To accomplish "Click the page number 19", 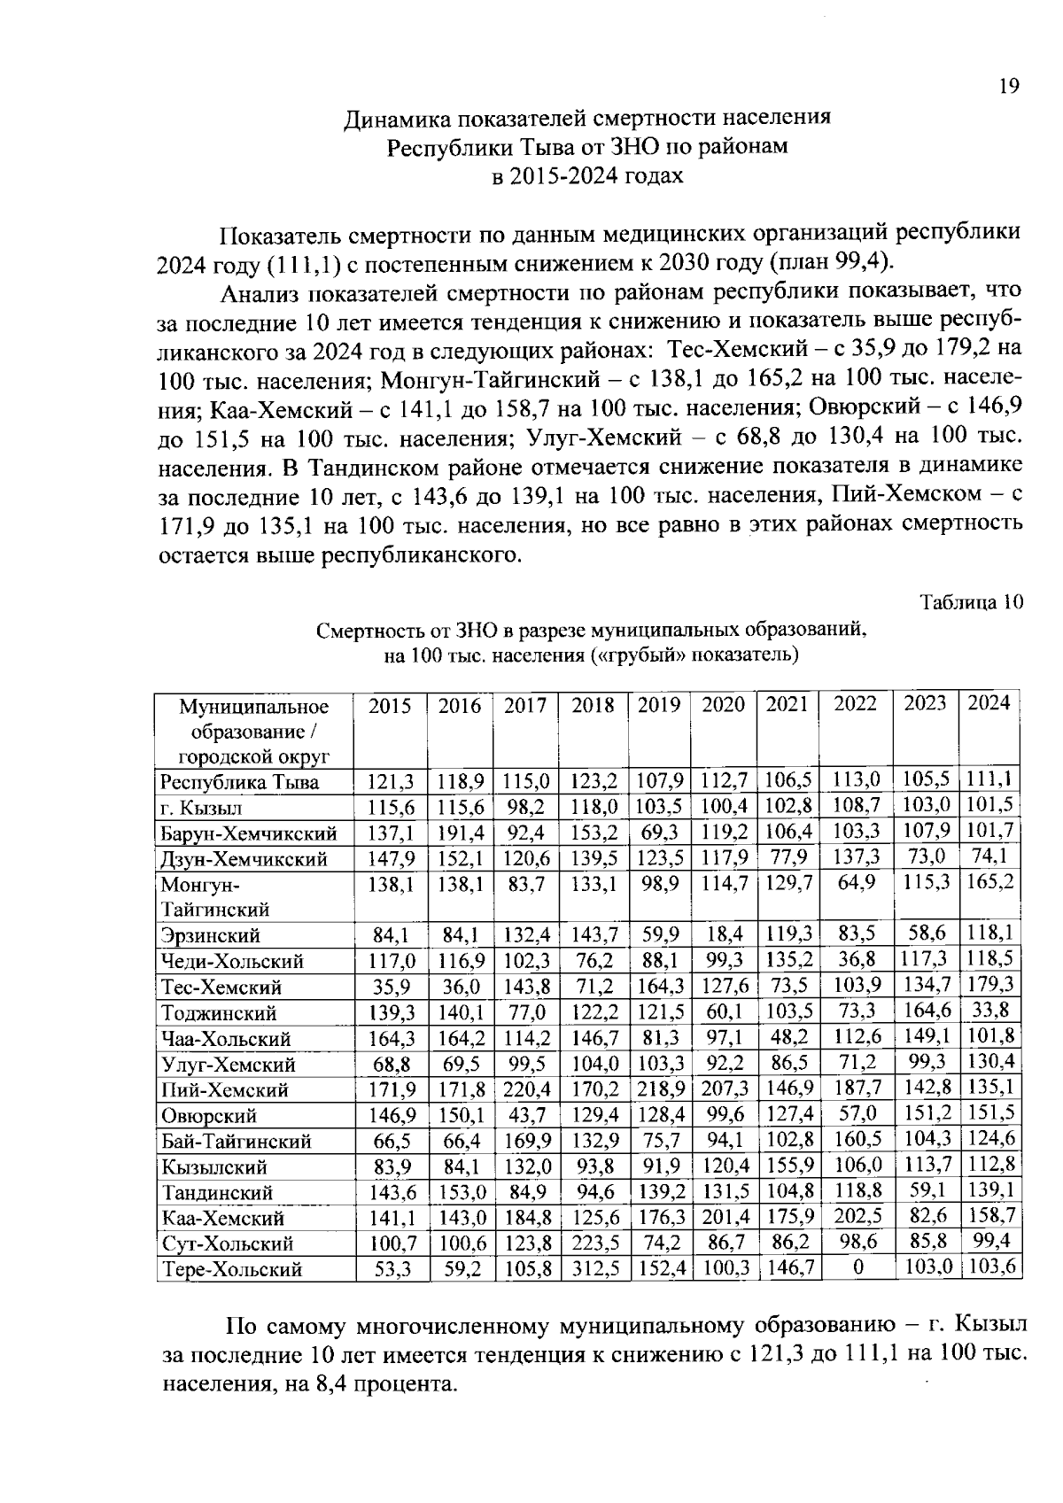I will [x=1009, y=86].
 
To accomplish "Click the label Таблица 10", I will [x=972, y=602].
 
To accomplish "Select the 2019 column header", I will [x=659, y=705].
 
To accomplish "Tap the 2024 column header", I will [x=989, y=703].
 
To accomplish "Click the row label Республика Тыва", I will [x=239, y=782].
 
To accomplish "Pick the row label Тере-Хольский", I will [x=231, y=1269].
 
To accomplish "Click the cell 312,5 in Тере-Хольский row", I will [x=594, y=1269].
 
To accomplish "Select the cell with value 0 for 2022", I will [x=857, y=1267].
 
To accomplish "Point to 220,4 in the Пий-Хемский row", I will [x=527, y=1089].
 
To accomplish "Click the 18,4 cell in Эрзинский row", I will [x=725, y=934].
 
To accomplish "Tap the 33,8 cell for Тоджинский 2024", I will [x=989, y=1011].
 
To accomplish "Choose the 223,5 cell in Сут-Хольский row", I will [x=594, y=1243].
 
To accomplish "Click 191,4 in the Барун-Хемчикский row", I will [x=460, y=833].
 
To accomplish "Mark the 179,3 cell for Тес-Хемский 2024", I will [x=990, y=985].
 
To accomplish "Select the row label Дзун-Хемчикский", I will [x=244, y=859].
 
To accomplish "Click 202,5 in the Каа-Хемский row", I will [x=857, y=1218].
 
